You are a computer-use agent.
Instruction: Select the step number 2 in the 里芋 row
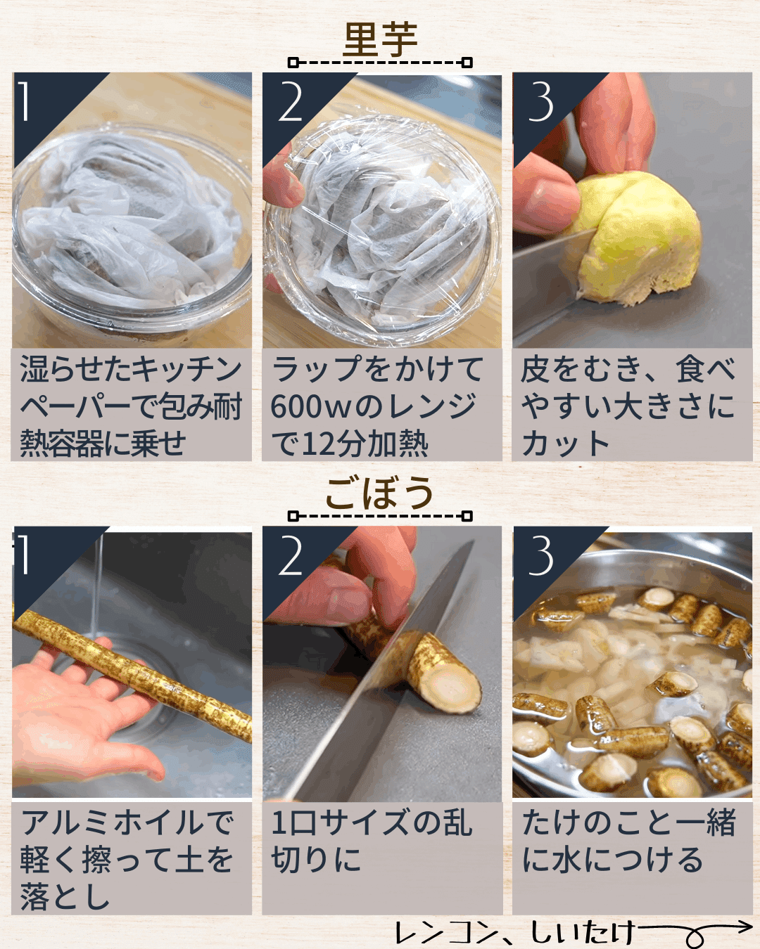click(x=290, y=103)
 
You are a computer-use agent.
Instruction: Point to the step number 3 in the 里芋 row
click(x=540, y=103)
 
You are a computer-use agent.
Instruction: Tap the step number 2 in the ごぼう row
click(x=290, y=555)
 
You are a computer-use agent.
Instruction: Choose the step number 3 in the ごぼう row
click(x=540, y=555)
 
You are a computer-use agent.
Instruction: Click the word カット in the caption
click(x=566, y=444)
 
